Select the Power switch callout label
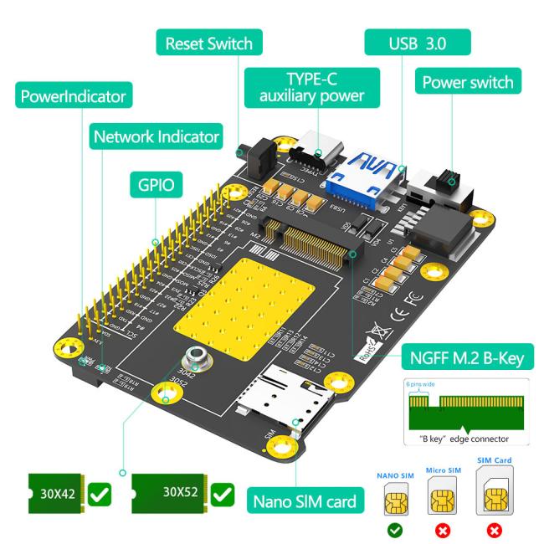(x=467, y=83)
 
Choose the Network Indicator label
(x=157, y=136)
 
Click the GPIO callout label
(x=156, y=184)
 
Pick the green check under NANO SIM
(x=393, y=530)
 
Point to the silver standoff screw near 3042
(x=198, y=360)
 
